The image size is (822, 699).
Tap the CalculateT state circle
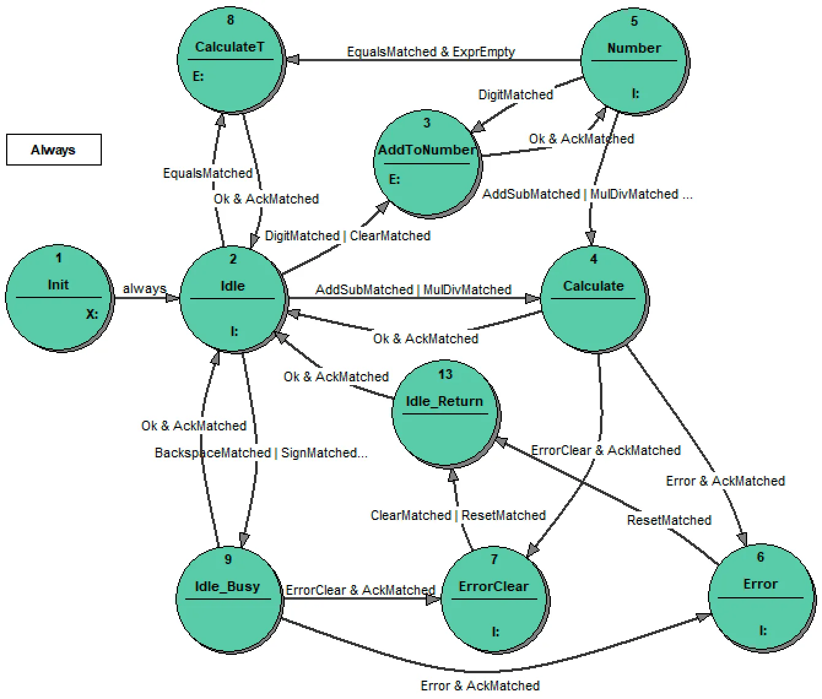click(230, 59)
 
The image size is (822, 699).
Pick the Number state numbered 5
click(634, 61)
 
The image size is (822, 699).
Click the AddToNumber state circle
click(427, 163)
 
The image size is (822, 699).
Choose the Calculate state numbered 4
click(593, 299)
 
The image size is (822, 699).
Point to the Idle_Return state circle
click(445, 413)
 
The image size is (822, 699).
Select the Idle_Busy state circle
click(228, 598)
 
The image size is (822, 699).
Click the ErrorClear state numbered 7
click(494, 598)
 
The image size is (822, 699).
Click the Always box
click(53, 150)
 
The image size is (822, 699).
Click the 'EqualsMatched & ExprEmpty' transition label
click(431, 52)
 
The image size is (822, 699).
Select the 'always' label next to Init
click(144, 288)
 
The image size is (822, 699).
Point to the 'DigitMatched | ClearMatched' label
click(347, 236)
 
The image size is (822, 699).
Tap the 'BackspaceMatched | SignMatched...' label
click(261, 453)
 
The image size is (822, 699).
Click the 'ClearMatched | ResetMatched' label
click(458, 516)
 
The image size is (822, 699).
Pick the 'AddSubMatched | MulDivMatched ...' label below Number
click(587, 194)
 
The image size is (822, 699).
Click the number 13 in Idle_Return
click(445, 375)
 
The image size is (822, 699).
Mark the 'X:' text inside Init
click(91, 315)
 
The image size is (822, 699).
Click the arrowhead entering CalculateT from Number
click(292, 59)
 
